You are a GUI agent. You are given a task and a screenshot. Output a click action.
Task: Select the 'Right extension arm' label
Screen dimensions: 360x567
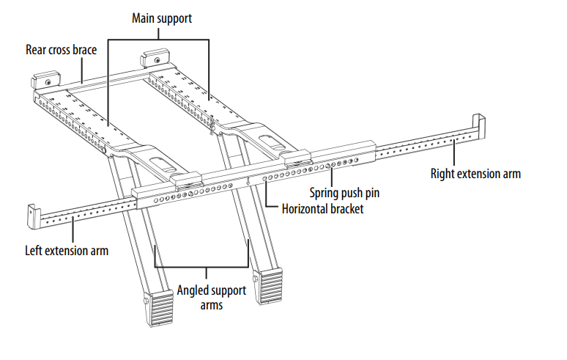[x=475, y=174]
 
